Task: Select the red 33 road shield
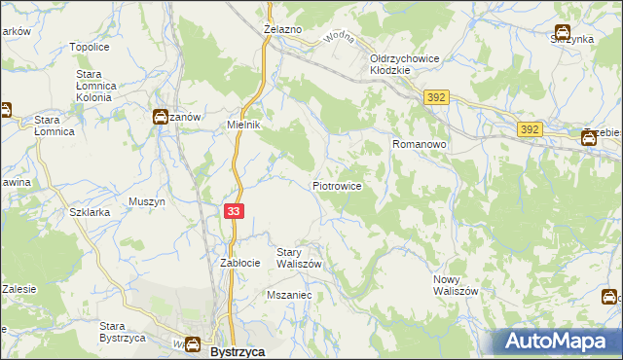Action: pos(235,211)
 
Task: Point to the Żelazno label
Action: pos(283,30)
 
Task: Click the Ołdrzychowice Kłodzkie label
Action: pos(405,64)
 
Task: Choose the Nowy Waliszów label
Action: pos(456,285)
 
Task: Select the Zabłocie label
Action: pos(239,263)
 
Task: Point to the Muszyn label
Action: pos(148,202)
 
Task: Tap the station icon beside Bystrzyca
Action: pos(193,344)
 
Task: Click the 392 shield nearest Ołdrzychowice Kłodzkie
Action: pos(435,97)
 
